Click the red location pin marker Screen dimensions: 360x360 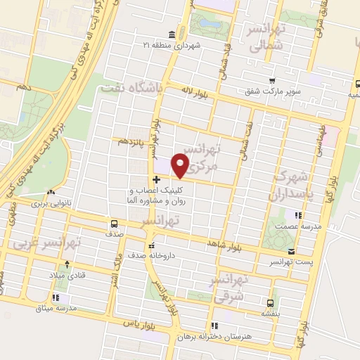click(181, 166)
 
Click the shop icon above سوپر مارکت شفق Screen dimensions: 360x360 click(272, 80)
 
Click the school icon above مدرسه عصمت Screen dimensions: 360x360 click(298, 215)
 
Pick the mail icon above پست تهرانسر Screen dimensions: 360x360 click(291, 251)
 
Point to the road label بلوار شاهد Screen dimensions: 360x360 click(224, 243)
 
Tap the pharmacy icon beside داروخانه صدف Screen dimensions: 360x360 click(150, 245)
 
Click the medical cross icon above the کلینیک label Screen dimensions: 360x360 click(155, 179)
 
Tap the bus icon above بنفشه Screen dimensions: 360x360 click(271, 303)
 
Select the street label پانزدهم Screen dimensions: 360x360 click(131, 141)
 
